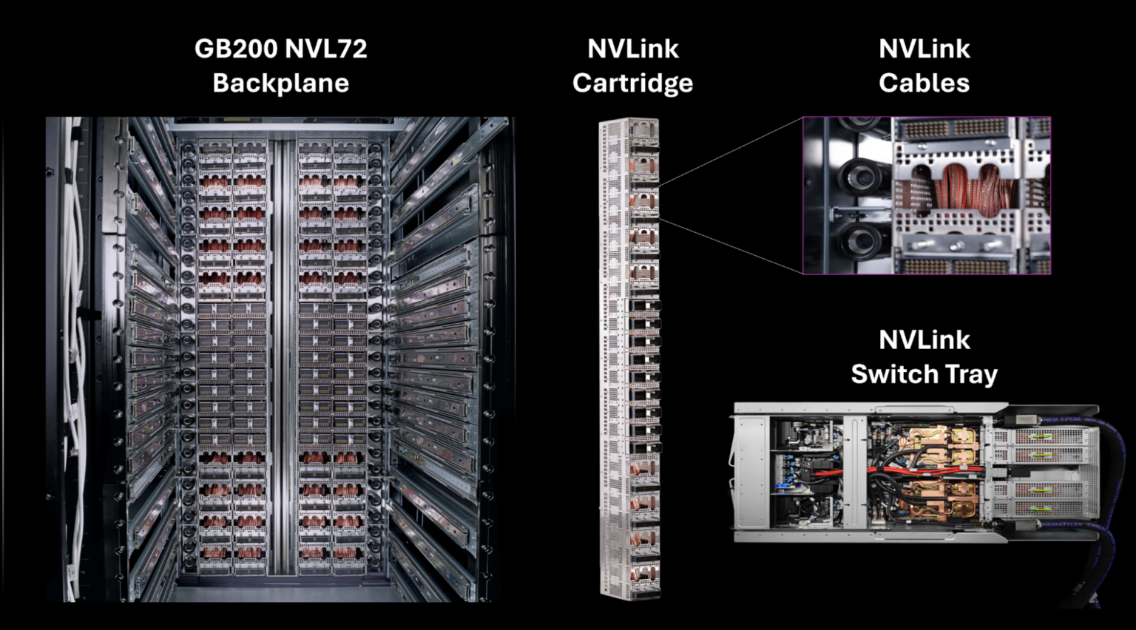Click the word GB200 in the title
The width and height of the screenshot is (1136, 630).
(236, 49)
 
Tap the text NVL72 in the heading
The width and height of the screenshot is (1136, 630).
(326, 49)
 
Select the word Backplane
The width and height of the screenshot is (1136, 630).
(280, 83)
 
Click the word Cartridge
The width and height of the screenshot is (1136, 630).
(632, 83)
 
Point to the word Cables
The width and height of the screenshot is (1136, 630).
(924, 83)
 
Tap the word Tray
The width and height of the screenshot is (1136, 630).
(970, 374)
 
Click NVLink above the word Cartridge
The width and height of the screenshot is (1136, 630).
(632, 49)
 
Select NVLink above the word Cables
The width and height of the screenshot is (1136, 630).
(924, 49)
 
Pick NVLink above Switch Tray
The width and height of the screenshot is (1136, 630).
(924, 339)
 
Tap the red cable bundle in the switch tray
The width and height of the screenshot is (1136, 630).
(899, 470)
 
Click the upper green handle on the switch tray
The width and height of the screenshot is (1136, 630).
(1041, 436)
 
